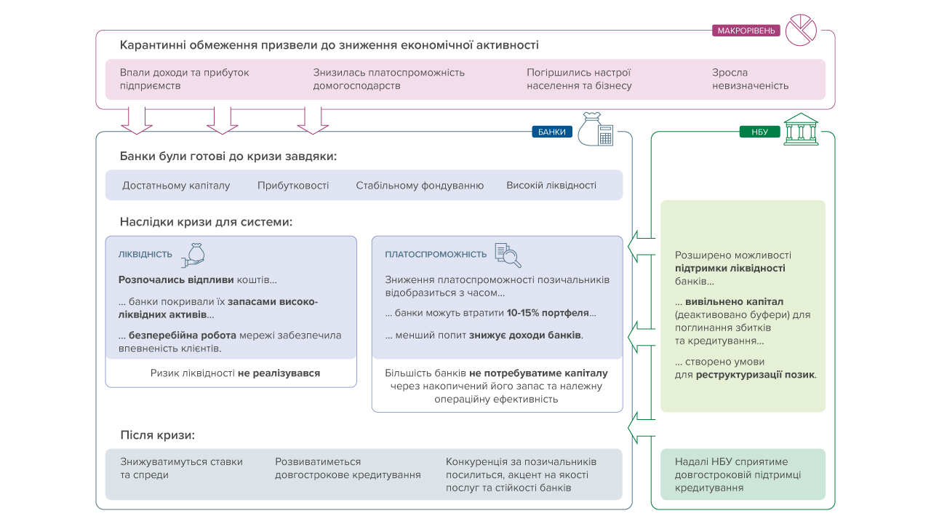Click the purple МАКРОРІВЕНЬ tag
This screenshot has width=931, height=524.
pyautogui.click(x=746, y=31)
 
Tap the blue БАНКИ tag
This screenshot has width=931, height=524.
pyautogui.click(x=552, y=132)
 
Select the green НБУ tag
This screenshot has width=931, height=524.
pyautogui.click(x=760, y=132)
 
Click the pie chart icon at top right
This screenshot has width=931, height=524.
pyautogui.click(x=801, y=30)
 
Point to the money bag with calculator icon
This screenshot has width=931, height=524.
pyautogui.click(x=596, y=129)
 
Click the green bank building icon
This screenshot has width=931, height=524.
pyautogui.click(x=801, y=130)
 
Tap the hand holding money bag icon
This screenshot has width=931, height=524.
pyautogui.click(x=193, y=255)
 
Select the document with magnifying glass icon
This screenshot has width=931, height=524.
pyautogui.click(x=508, y=255)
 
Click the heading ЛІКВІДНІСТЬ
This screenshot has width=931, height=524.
pyautogui.click(x=145, y=255)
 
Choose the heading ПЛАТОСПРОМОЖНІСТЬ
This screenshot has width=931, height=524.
pyautogui.click(x=436, y=255)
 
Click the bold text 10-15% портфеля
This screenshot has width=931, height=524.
pyautogui.click(x=548, y=313)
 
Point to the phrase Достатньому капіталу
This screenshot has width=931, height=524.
pyautogui.click(x=176, y=186)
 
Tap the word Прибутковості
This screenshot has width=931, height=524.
pyautogui.click(x=293, y=186)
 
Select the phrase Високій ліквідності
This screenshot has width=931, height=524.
pyautogui.click(x=551, y=186)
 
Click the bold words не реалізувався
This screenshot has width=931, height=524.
pyautogui.click(x=279, y=373)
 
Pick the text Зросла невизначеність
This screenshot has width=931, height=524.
pyautogui.click(x=750, y=79)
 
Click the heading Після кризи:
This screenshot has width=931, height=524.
pyautogui.click(x=158, y=435)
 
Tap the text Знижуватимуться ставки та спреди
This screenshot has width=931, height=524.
pyautogui.click(x=182, y=468)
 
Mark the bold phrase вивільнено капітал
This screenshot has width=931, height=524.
pyautogui.click(x=735, y=302)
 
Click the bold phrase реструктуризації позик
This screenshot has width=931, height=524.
pyautogui.click(x=755, y=375)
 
